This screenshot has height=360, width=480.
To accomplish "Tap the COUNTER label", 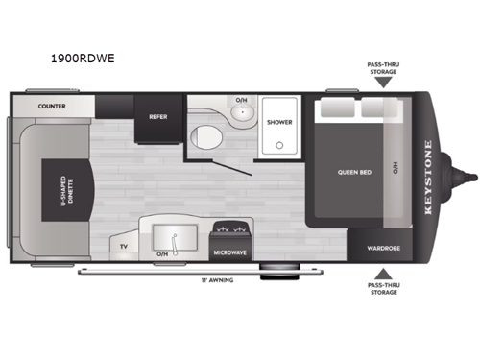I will [x=53, y=106].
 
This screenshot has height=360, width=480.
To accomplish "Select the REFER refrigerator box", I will [x=158, y=117].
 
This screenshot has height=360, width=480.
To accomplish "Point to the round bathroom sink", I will [x=240, y=112].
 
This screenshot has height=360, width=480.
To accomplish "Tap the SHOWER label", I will [x=279, y=122].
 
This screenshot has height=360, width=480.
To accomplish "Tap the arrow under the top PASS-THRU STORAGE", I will [x=383, y=84].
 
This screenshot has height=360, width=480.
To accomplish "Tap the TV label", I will [x=124, y=247].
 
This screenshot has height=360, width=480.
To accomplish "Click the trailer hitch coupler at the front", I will [x=469, y=177].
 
